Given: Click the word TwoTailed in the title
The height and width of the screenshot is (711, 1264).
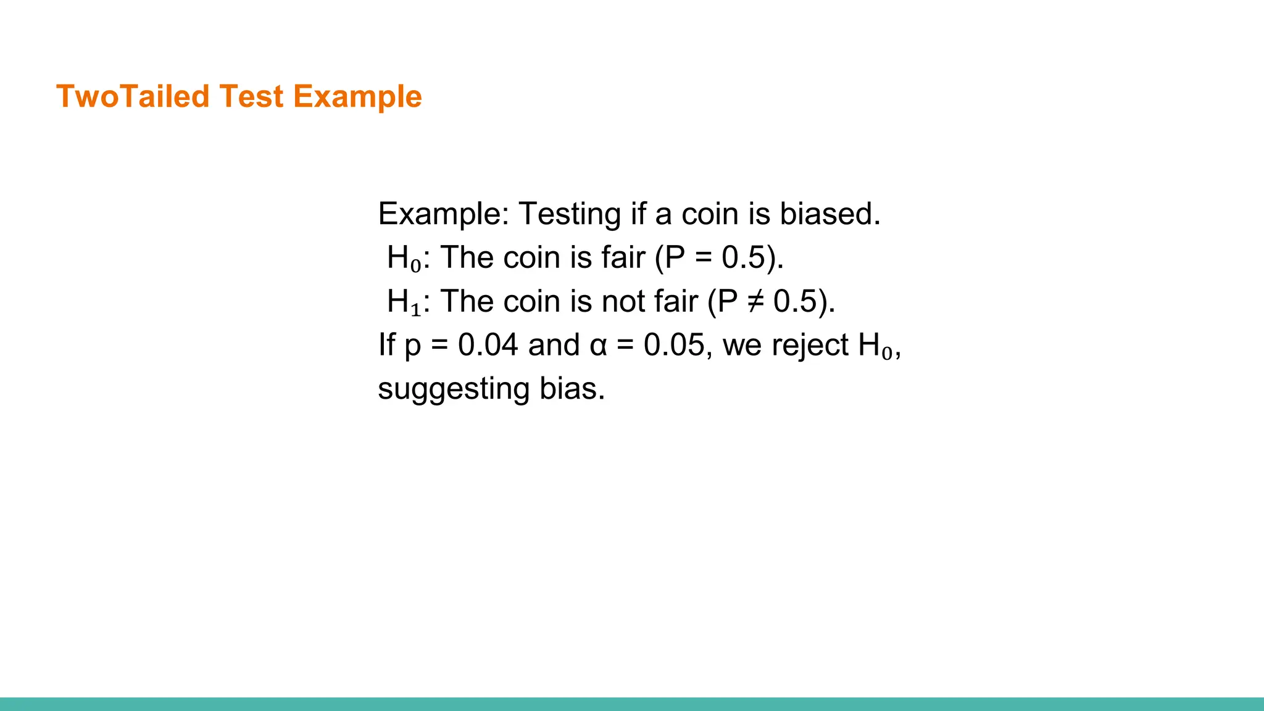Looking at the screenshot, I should pyautogui.click(x=133, y=97).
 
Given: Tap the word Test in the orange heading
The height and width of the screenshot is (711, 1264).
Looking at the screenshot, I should pyautogui.click(x=251, y=97).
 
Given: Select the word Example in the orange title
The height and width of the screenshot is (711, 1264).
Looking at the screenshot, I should pyautogui.click(x=357, y=97).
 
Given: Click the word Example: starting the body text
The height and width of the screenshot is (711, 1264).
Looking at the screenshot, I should pyautogui.click(x=444, y=214).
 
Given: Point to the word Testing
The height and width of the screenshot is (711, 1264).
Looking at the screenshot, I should pyautogui.click(x=569, y=214).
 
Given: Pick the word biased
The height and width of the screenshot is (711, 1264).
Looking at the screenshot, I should pyautogui.click(x=829, y=214).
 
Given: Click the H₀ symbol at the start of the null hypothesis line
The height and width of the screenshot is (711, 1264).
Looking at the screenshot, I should pyautogui.click(x=404, y=258).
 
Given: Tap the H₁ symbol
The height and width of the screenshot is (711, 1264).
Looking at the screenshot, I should pyautogui.click(x=404, y=302).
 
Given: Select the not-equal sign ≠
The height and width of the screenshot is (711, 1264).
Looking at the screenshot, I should pyautogui.click(x=755, y=302).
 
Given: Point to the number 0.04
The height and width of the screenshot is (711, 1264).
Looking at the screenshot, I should pyautogui.click(x=488, y=345).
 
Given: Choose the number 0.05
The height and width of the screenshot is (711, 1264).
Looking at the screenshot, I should pyautogui.click(x=673, y=345).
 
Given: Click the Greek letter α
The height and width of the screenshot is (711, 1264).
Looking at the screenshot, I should pyautogui.click(x=599, y=346).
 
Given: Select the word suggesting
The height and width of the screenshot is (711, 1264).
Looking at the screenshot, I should pyautogui.click(x=454, y=389).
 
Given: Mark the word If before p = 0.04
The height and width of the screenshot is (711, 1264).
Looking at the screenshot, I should pyautogui.click(x=386, y=345).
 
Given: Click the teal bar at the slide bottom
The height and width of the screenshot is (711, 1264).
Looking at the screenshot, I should pyautogui.click(x=632, y=704).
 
